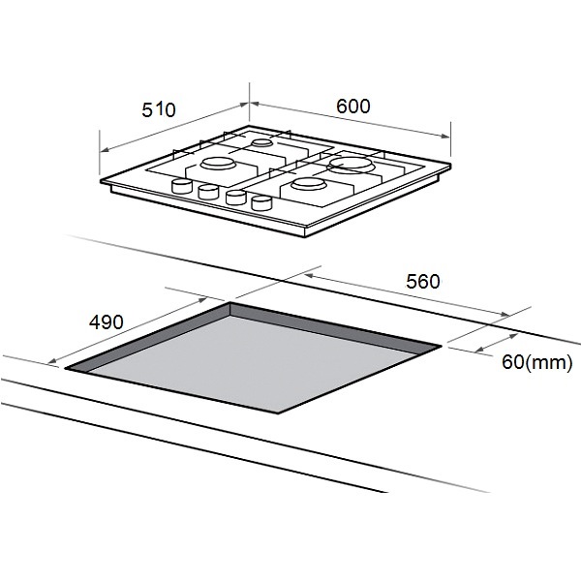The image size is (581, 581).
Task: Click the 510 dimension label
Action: coord(159,109)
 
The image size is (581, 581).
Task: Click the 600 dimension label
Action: coord(353,106)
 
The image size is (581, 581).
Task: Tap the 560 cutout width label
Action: coord(423,281)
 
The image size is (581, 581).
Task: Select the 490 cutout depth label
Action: coord(106,321)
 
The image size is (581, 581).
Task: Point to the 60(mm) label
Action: coord(536,361)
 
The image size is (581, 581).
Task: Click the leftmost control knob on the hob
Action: coord(182,186)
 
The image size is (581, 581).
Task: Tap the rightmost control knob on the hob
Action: coord(261,203)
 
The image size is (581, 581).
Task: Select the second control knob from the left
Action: coord(208,192)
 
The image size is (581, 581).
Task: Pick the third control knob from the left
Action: coord(235,198)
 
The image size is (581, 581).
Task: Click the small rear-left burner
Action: coord(262,142)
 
